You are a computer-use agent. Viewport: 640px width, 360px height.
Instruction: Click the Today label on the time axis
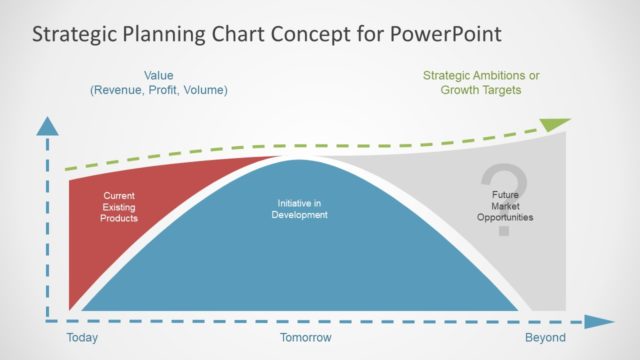point(82,338)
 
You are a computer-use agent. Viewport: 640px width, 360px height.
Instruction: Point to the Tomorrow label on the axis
point(302,338)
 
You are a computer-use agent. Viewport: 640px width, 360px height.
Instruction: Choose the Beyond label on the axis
point(546,338)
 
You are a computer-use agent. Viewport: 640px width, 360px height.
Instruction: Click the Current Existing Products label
point(119,206)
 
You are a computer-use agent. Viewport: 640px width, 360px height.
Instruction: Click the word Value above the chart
point(159,74)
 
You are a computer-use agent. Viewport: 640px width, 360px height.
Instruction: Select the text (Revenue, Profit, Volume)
point(159,90)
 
